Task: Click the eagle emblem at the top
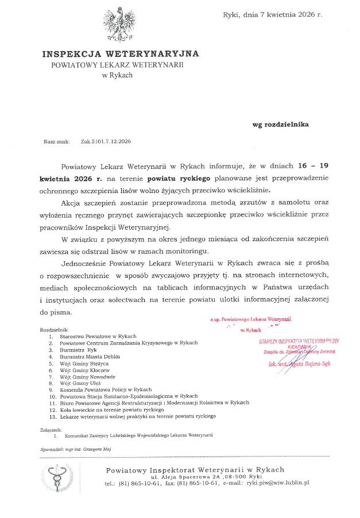(121, 25)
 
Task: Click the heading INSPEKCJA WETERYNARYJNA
(121, 54)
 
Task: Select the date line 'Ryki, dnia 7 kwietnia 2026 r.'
(272, 15)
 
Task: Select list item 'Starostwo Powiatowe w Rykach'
(102, 336)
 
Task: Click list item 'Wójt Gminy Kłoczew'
(88, 370)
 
